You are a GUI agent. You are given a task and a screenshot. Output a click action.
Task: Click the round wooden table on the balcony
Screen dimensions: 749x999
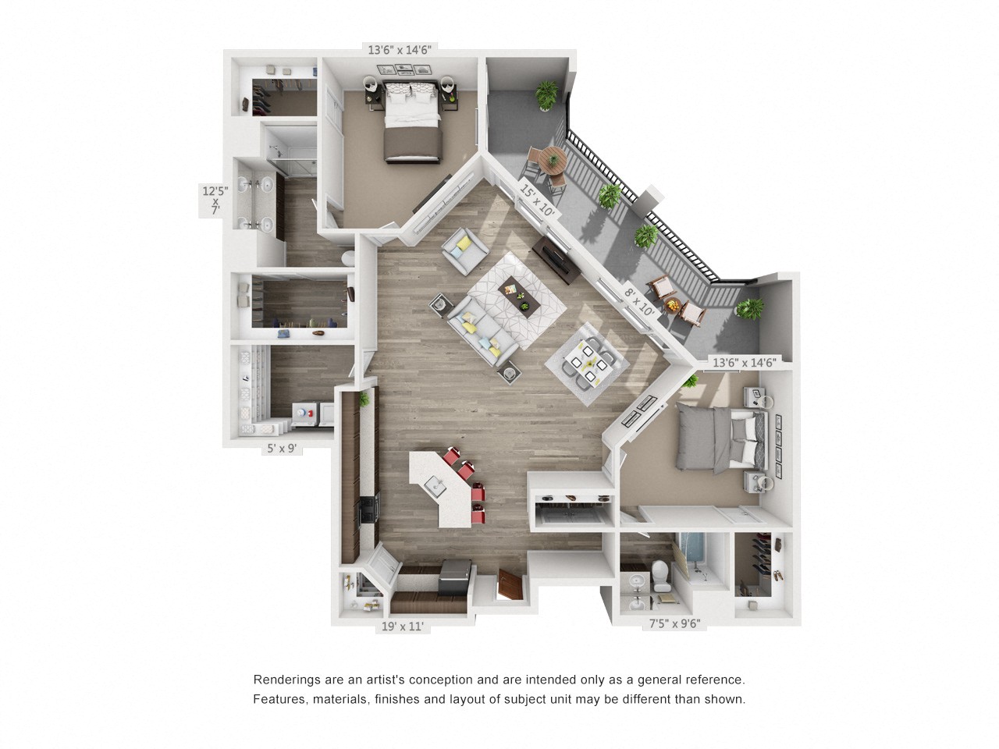[553, 160]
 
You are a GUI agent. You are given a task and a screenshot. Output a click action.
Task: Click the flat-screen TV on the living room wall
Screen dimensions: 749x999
[556, 260]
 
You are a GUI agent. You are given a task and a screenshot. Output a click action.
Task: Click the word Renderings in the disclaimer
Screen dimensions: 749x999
[286, 680]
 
